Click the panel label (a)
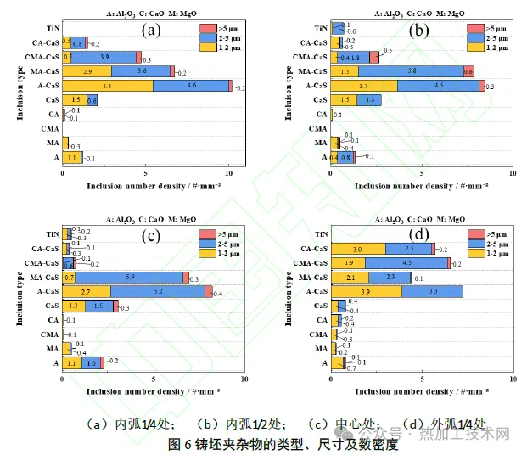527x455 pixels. coord(151,31)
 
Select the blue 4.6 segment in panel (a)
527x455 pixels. coord(191,86)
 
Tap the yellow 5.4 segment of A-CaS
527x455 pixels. coord(108,86)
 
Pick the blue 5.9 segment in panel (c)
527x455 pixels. coord(130,278)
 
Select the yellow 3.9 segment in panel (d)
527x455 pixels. coord(366,291)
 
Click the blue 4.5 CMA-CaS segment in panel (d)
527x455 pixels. coord(406,263)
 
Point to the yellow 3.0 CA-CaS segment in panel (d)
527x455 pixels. coord(357,249)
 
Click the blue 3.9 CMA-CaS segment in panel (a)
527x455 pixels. coord(104,57)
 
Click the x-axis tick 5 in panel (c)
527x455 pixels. coord(154,379)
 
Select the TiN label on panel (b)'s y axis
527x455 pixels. coord(318,28)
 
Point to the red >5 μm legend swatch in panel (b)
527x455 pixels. coord(474,28)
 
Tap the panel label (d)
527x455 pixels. coord(418,234)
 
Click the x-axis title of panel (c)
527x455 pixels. coord(154,392)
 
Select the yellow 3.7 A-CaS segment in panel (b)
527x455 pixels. coord(363,86)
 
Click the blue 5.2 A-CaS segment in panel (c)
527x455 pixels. coord(159,291)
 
